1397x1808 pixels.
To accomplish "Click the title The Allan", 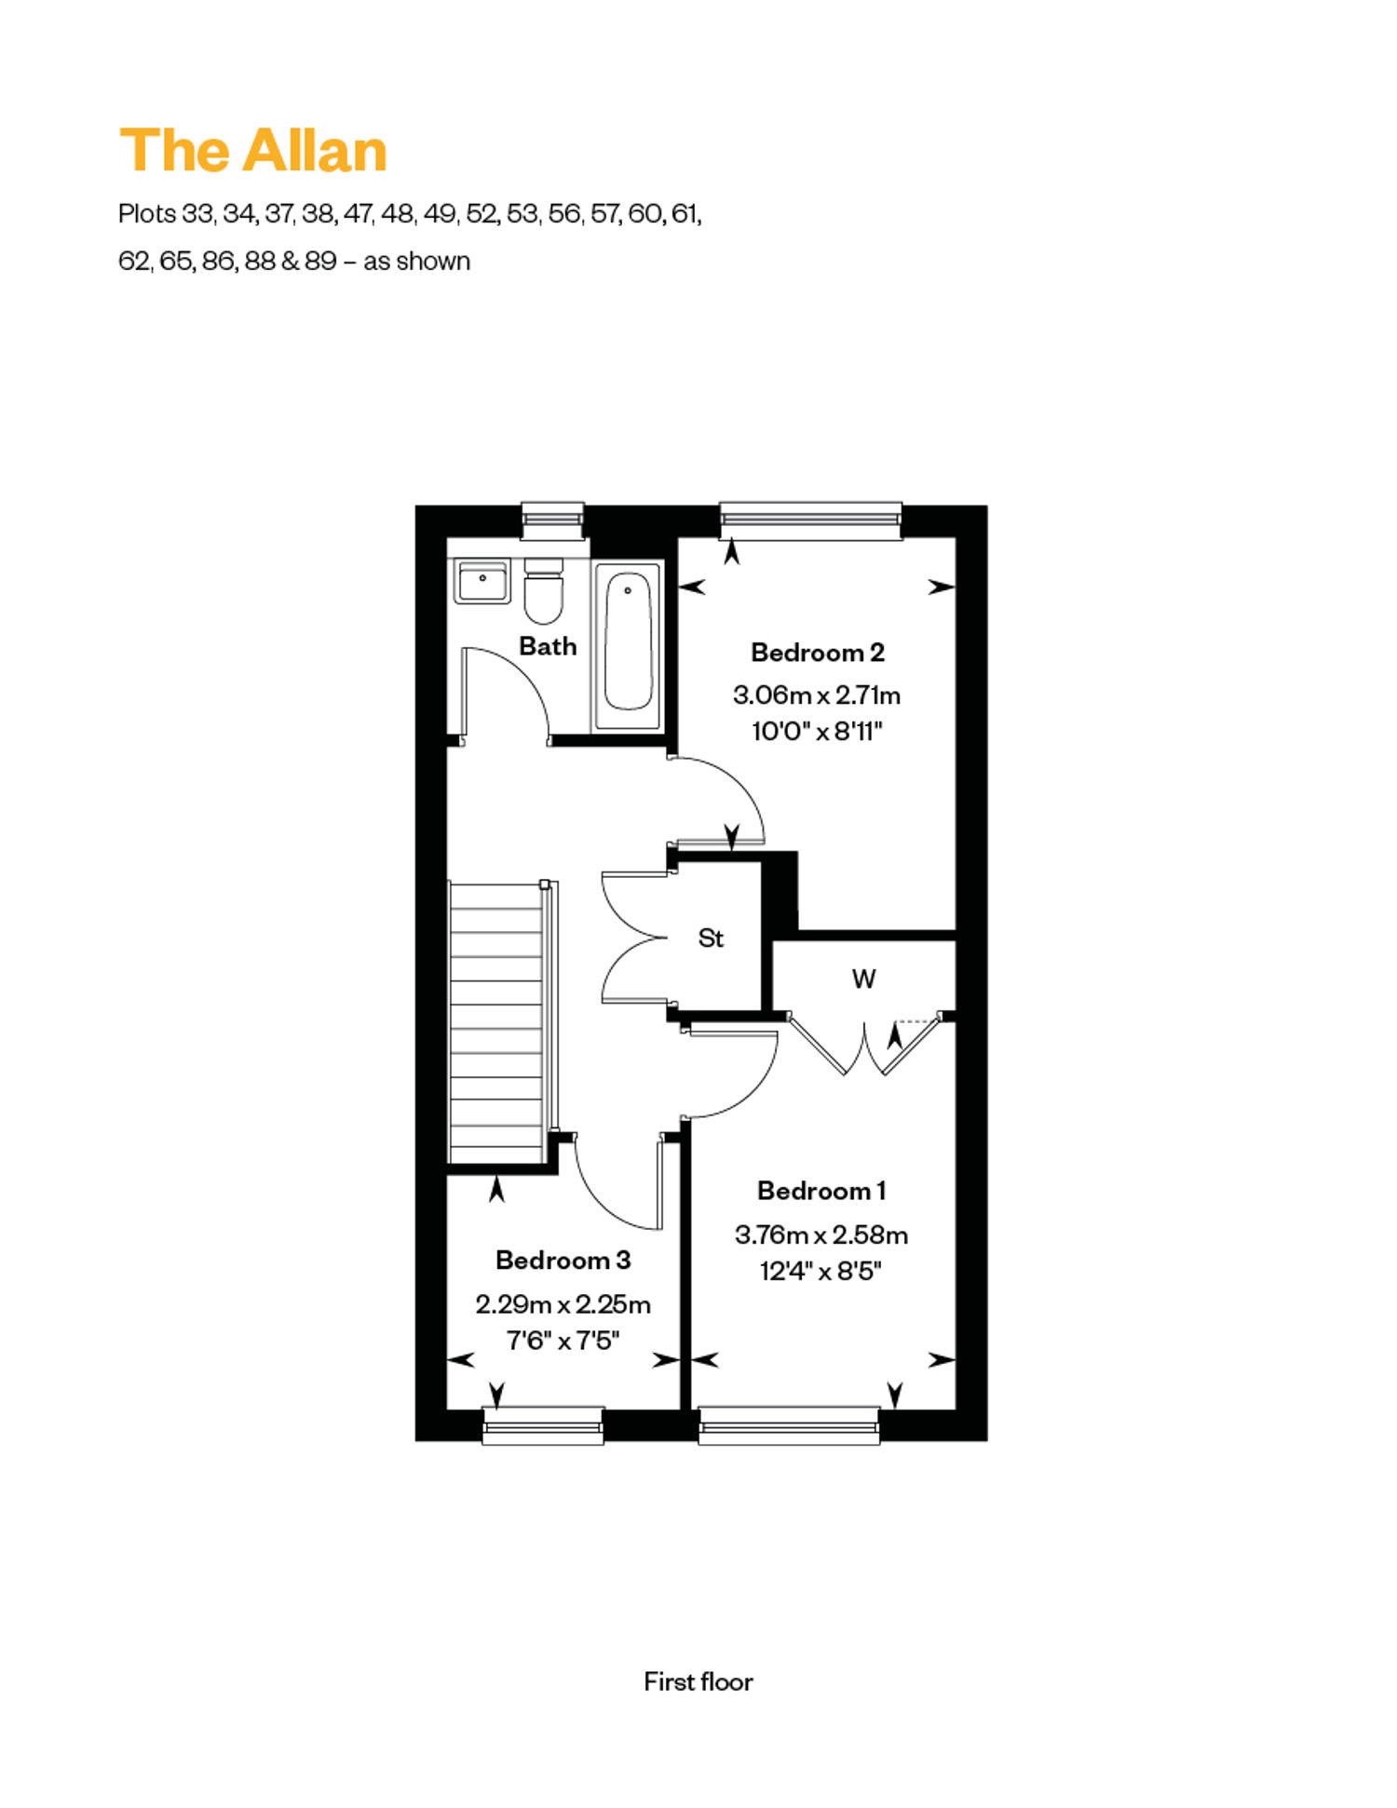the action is [x=253, y=150].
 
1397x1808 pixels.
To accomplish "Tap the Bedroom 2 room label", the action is [x=818, y=653].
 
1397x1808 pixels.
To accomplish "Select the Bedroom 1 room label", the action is [x=821, y=1191].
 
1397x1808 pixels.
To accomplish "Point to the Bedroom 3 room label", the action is [x=563, y=1261].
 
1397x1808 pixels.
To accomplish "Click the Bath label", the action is [x=548, y=646].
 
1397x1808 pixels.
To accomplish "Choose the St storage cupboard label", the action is [x=711, y=938].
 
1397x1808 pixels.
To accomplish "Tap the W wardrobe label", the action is [x=863, y=979].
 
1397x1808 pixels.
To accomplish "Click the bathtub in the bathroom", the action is [x=629, y=645].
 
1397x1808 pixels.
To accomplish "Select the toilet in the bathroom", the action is [x=544, y=591].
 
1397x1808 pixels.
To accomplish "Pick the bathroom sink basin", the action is [x=481, y=581].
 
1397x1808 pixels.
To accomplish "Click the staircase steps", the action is [x=497, y=1022].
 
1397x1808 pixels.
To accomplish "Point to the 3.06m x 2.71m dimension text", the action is [x=817, y=695].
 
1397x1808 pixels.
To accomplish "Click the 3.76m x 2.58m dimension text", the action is [x=821, y=1235].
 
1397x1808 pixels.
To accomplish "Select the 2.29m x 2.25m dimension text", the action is [x=563, y=1305].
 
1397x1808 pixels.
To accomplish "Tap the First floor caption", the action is [x=698, y=1681].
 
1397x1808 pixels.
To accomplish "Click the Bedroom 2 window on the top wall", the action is [x=811, y=520].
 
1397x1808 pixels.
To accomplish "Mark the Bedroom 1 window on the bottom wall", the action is [x=789, y=1425].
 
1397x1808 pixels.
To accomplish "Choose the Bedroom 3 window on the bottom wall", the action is [x=543, y=1425].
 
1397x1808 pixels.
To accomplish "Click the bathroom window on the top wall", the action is [x=552, y=520].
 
